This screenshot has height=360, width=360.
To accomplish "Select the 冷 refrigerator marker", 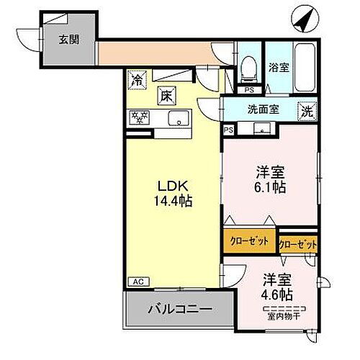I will click(x=138, y=79).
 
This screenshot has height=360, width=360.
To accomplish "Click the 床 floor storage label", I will click(x=166, y=95).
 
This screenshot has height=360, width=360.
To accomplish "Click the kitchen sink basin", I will click(x=178, y=117).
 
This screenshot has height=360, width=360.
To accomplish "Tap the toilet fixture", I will click(x=248, y=68).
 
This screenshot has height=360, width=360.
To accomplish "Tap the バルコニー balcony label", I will click(x=180, y=310).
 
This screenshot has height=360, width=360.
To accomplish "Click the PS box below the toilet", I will click(x=248, y=90).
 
